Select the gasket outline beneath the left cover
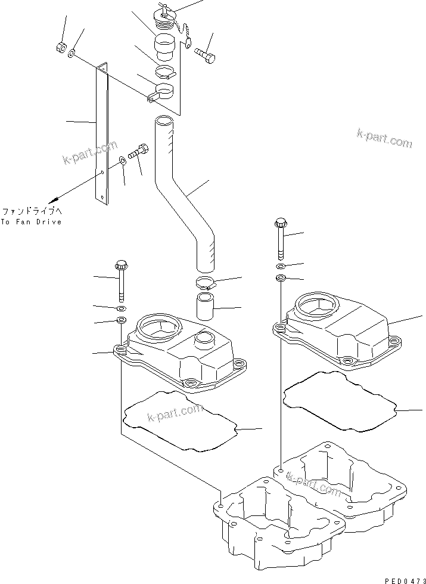click(179, 420)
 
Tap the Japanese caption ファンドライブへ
click(31, 211)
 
